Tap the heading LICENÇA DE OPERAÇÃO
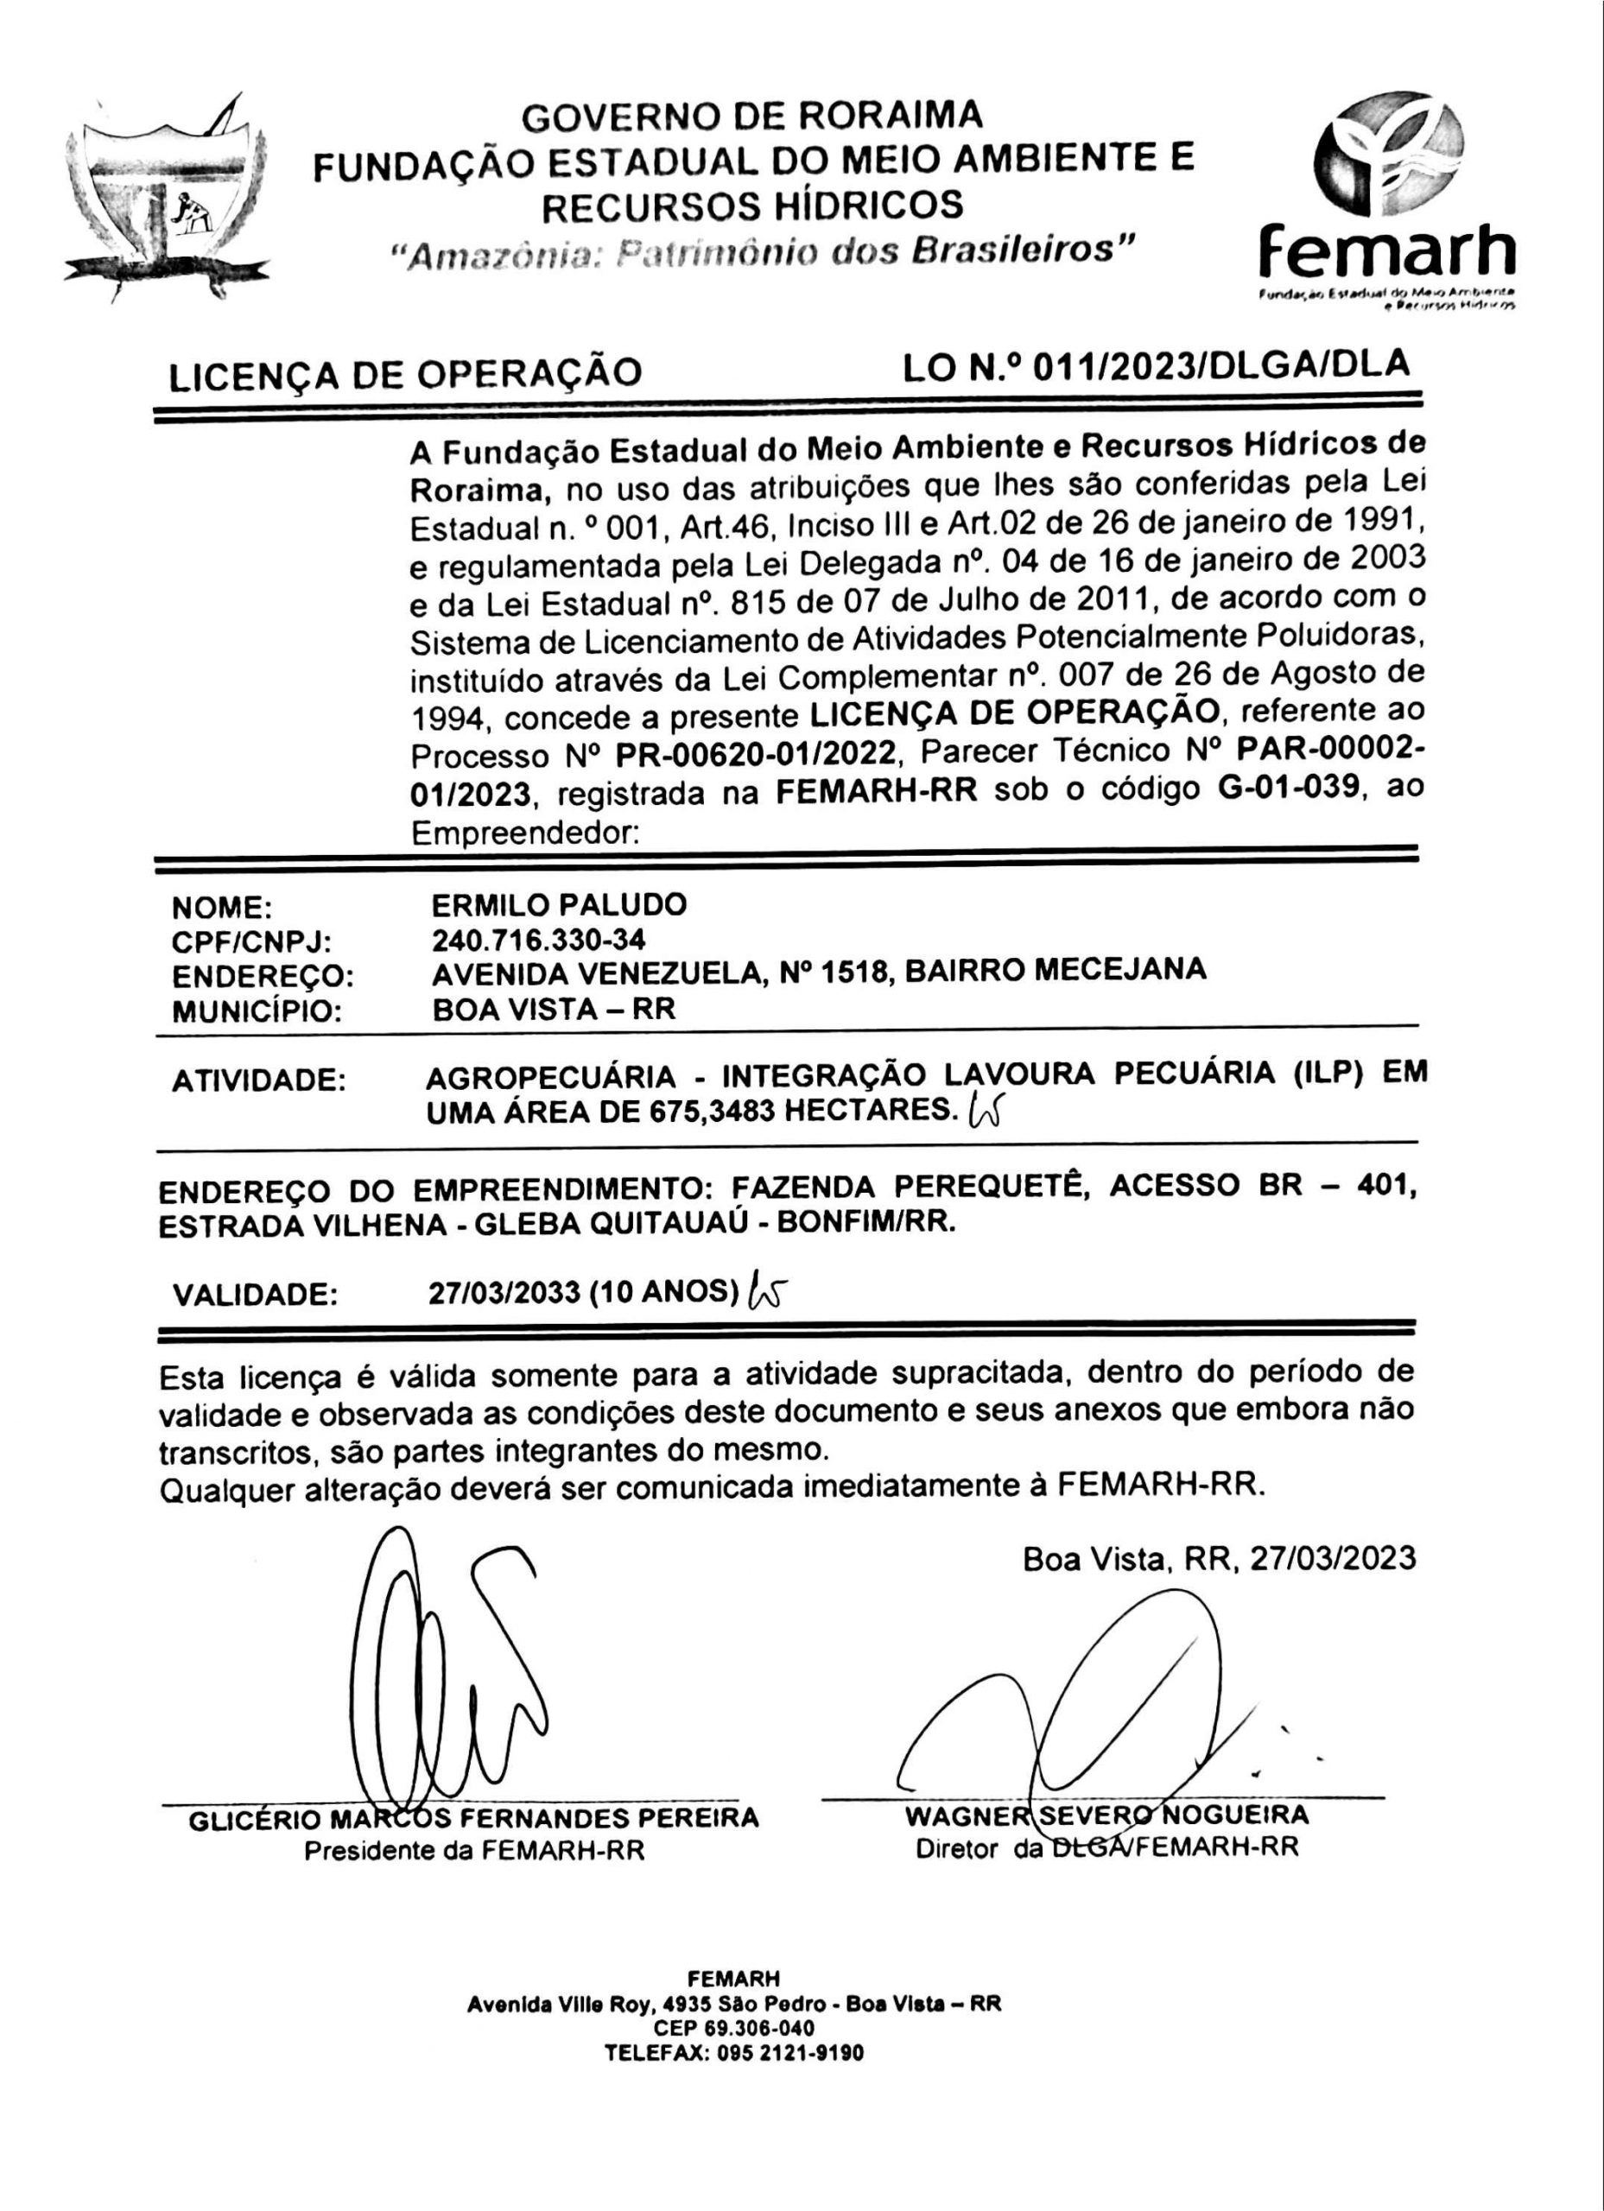406,374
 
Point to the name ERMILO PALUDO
559,904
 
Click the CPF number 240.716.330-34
538,939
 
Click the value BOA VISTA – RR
554,1008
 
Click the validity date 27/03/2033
504,1293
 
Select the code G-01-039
1289,788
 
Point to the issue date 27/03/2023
1332,1558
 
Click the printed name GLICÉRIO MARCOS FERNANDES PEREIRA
473,1818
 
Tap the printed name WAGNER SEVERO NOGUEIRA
1106,1815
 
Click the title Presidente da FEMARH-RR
474,1850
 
